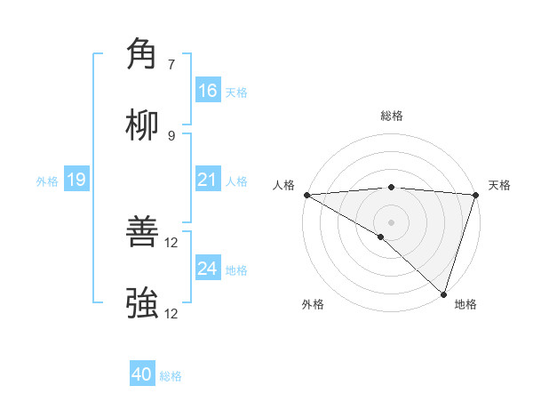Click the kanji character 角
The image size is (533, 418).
coord(142,54)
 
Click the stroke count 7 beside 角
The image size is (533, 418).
coord(171,64)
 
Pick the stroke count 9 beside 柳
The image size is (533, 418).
coord(171,135)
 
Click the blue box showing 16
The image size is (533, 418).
coord(208,91)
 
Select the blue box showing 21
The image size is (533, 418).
coord(208,181)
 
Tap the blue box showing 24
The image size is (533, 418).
coord(208,269)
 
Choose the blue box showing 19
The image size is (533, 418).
coord(76,181)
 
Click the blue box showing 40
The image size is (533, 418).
coord(142,374)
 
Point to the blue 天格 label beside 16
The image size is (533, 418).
coord(236,92)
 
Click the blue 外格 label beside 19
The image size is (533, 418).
coord(47,181)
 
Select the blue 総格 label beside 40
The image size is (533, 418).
coord(171,375)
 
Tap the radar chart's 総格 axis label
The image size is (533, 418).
coord(392,116)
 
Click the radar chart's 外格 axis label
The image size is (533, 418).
coord(313,304)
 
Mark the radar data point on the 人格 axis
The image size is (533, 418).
coord(306,195)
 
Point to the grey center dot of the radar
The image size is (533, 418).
coord(391,221)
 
